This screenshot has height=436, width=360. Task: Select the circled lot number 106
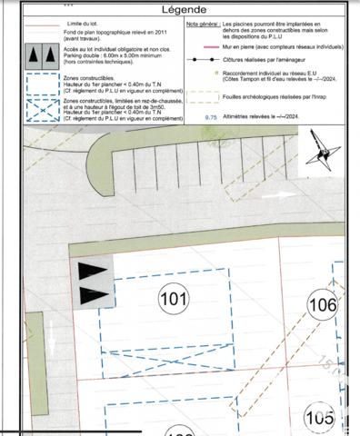click(x=321, y=305)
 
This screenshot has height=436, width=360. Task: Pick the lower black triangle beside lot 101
click(x=92, y=294)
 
